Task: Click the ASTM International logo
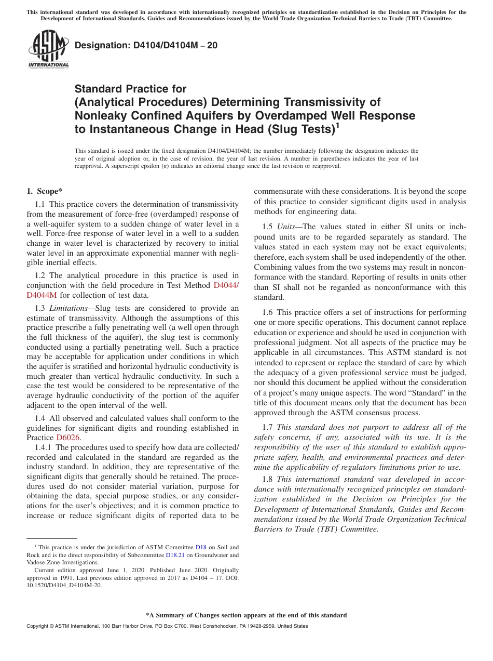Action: [48, 49]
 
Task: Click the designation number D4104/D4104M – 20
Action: [146, 46]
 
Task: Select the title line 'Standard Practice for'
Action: [130, 89]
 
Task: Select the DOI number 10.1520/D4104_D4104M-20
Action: [64, 585]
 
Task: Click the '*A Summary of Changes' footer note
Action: [246, 615]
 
